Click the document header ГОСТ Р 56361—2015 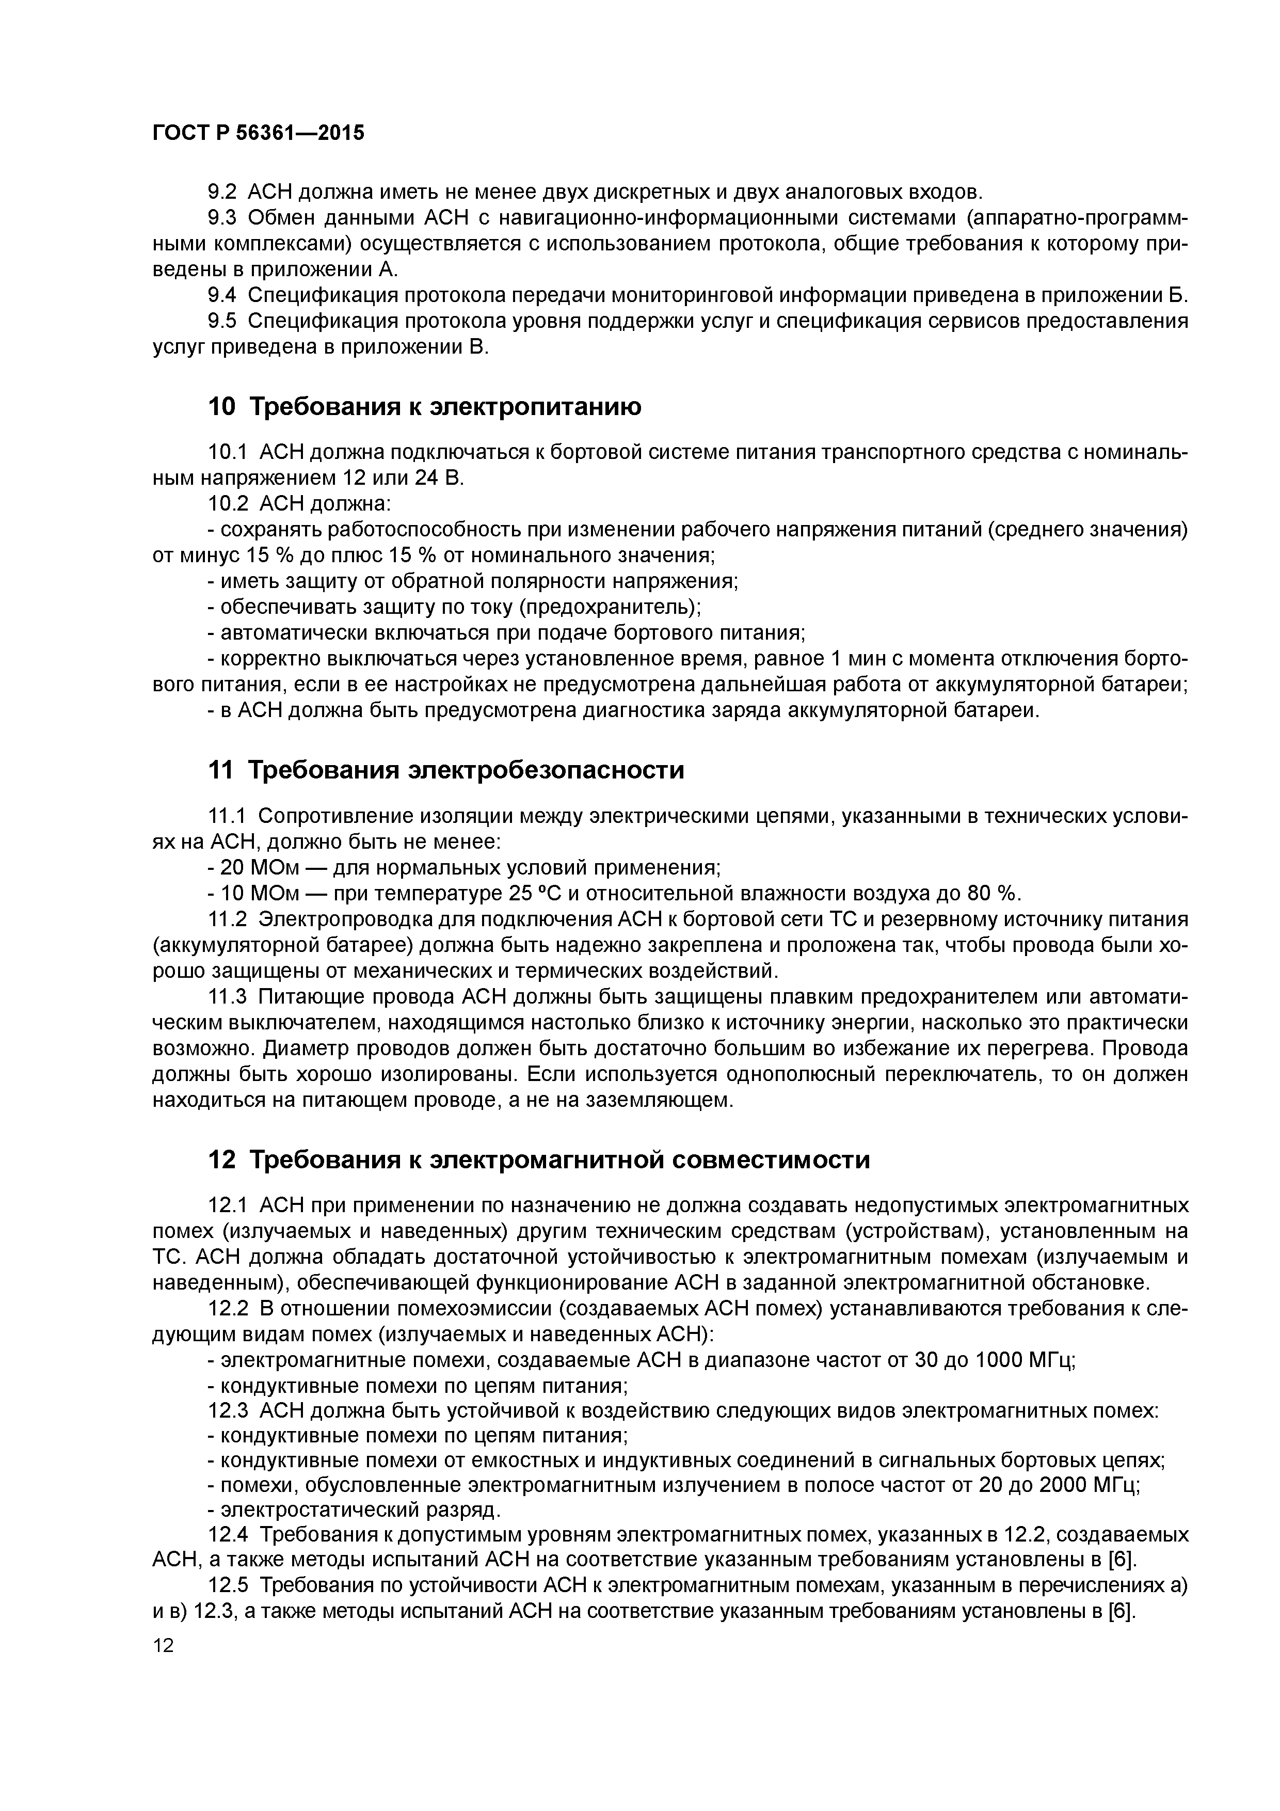(258, 133)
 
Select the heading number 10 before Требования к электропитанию (221, 407)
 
